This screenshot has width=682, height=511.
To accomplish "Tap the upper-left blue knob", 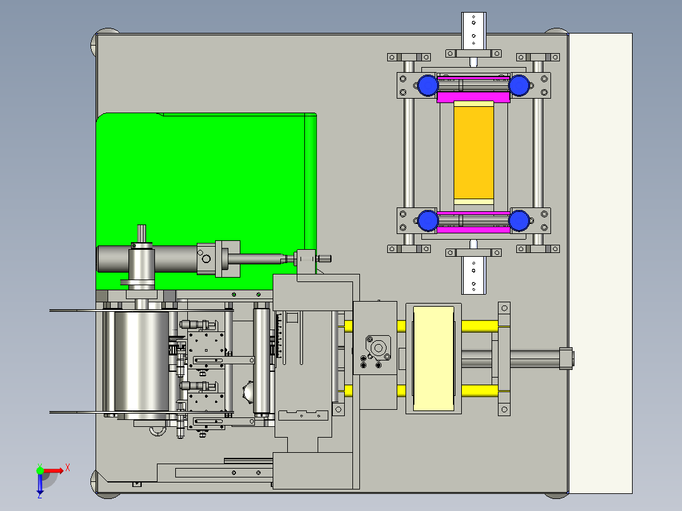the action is click(428, 85).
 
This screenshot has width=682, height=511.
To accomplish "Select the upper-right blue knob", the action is click(519, 85).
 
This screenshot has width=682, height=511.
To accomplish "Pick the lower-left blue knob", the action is click(428, 221).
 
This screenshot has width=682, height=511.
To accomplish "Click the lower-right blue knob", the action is click(519, 221).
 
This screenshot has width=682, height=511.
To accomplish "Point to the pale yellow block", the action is click(433, 359).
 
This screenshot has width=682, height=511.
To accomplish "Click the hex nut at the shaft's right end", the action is click(566, 359).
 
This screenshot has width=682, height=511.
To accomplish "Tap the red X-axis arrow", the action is click(53, 471).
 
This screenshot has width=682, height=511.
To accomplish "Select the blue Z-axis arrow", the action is click(40, 483).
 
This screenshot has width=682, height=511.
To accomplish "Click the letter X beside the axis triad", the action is click(68, 468).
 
